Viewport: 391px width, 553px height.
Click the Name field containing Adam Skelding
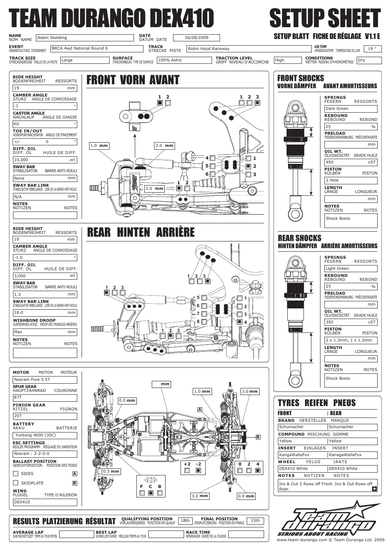85,38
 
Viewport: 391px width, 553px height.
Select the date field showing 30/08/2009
196,38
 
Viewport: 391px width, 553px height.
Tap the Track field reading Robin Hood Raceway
249,48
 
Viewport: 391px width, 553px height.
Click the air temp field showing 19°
373,48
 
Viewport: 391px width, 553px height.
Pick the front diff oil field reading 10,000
45,160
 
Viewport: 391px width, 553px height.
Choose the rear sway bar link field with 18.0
45,313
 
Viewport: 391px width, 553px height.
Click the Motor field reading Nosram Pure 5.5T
45,380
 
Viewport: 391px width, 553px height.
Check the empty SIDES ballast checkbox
15,473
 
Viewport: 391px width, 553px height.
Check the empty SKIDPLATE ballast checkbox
15,482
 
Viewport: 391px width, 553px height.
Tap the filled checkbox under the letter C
151,493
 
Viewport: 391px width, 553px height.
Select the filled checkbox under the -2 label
198,471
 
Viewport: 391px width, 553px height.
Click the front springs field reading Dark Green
351,109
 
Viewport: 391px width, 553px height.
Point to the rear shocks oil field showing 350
351,322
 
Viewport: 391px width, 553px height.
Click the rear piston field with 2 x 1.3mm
351,340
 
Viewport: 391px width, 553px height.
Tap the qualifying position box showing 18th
185,521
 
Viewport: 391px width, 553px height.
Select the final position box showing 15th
255,521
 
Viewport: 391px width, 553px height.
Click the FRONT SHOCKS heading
300,78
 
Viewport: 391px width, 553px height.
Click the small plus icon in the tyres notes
374,489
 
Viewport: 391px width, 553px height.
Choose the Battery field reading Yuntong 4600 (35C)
45,435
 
